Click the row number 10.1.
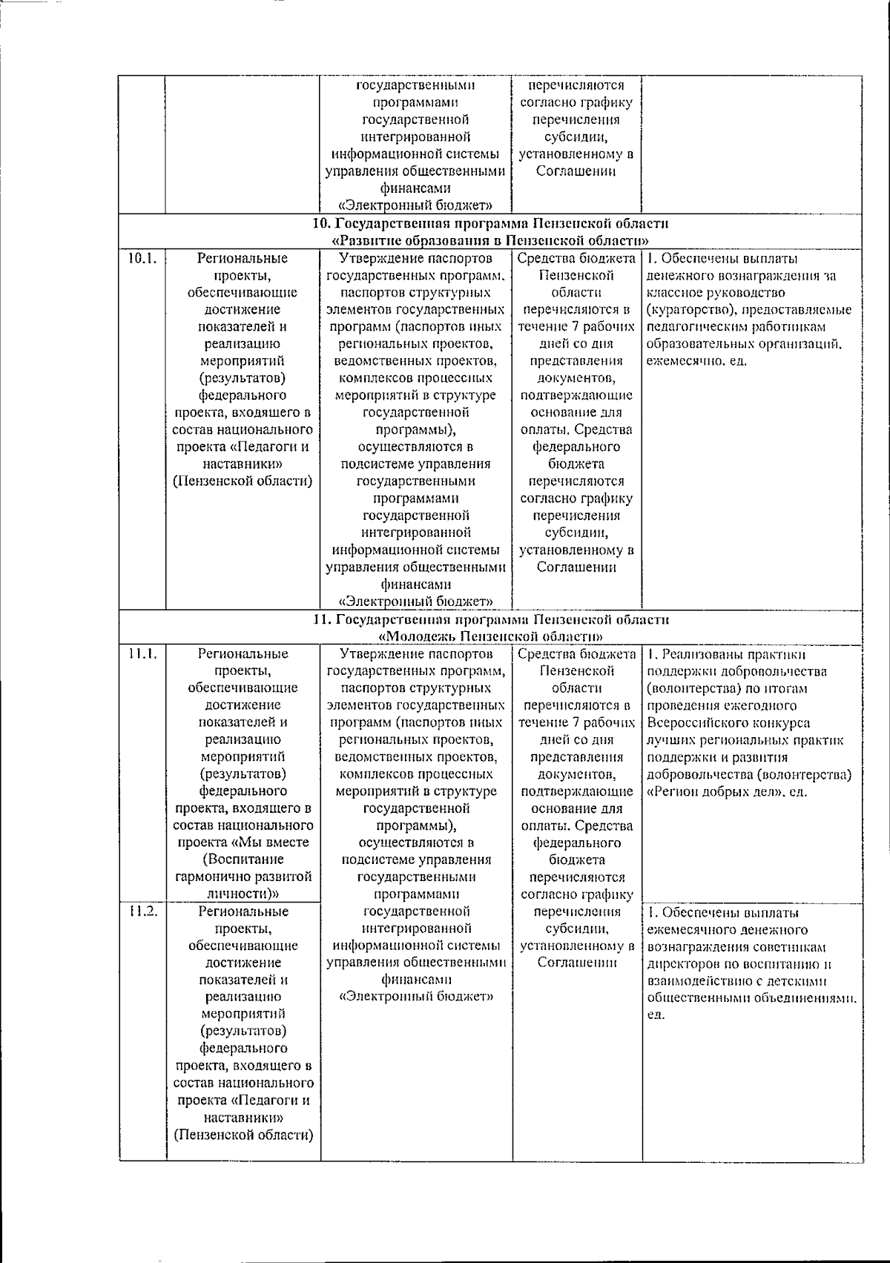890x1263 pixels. (142, 259)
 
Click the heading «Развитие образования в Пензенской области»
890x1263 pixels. (491, 240)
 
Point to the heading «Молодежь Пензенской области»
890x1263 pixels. (489, 636)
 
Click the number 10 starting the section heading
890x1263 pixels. (320, 223)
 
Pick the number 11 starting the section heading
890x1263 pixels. (320, 619)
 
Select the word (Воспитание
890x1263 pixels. (243, 860)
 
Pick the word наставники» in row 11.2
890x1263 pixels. (243, 1117)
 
